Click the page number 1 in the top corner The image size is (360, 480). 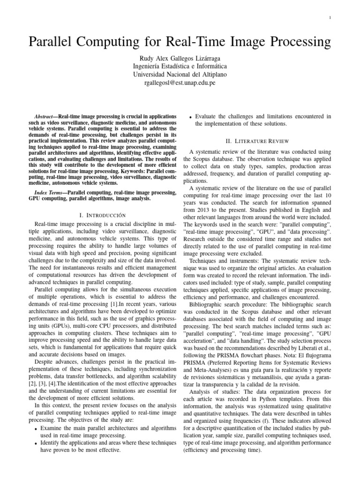click(330, 18)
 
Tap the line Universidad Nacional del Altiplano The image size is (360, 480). click(180, 74)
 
